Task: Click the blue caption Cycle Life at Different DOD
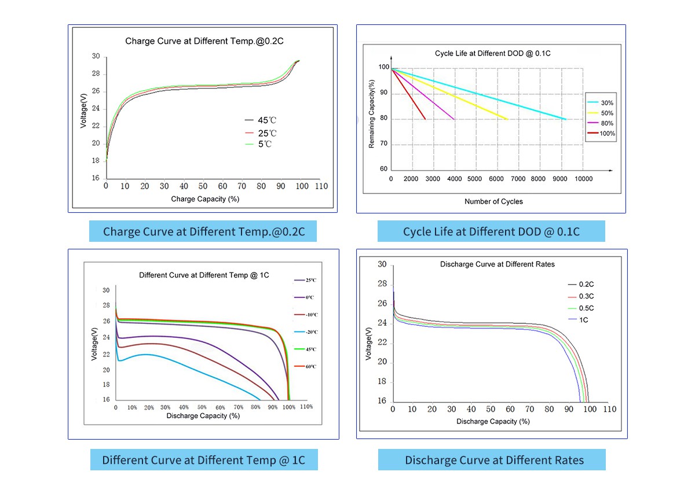pos(491,231)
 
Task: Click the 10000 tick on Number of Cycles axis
pos(583,179)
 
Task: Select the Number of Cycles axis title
pos(493,201)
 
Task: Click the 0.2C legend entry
pos(586,285)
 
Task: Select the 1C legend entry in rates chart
pos(584,320)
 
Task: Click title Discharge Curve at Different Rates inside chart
pos(497,264)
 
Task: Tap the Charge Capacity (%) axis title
pos(205,199)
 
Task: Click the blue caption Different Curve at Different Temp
pos(203,460)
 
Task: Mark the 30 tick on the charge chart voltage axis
pos(96,57)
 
